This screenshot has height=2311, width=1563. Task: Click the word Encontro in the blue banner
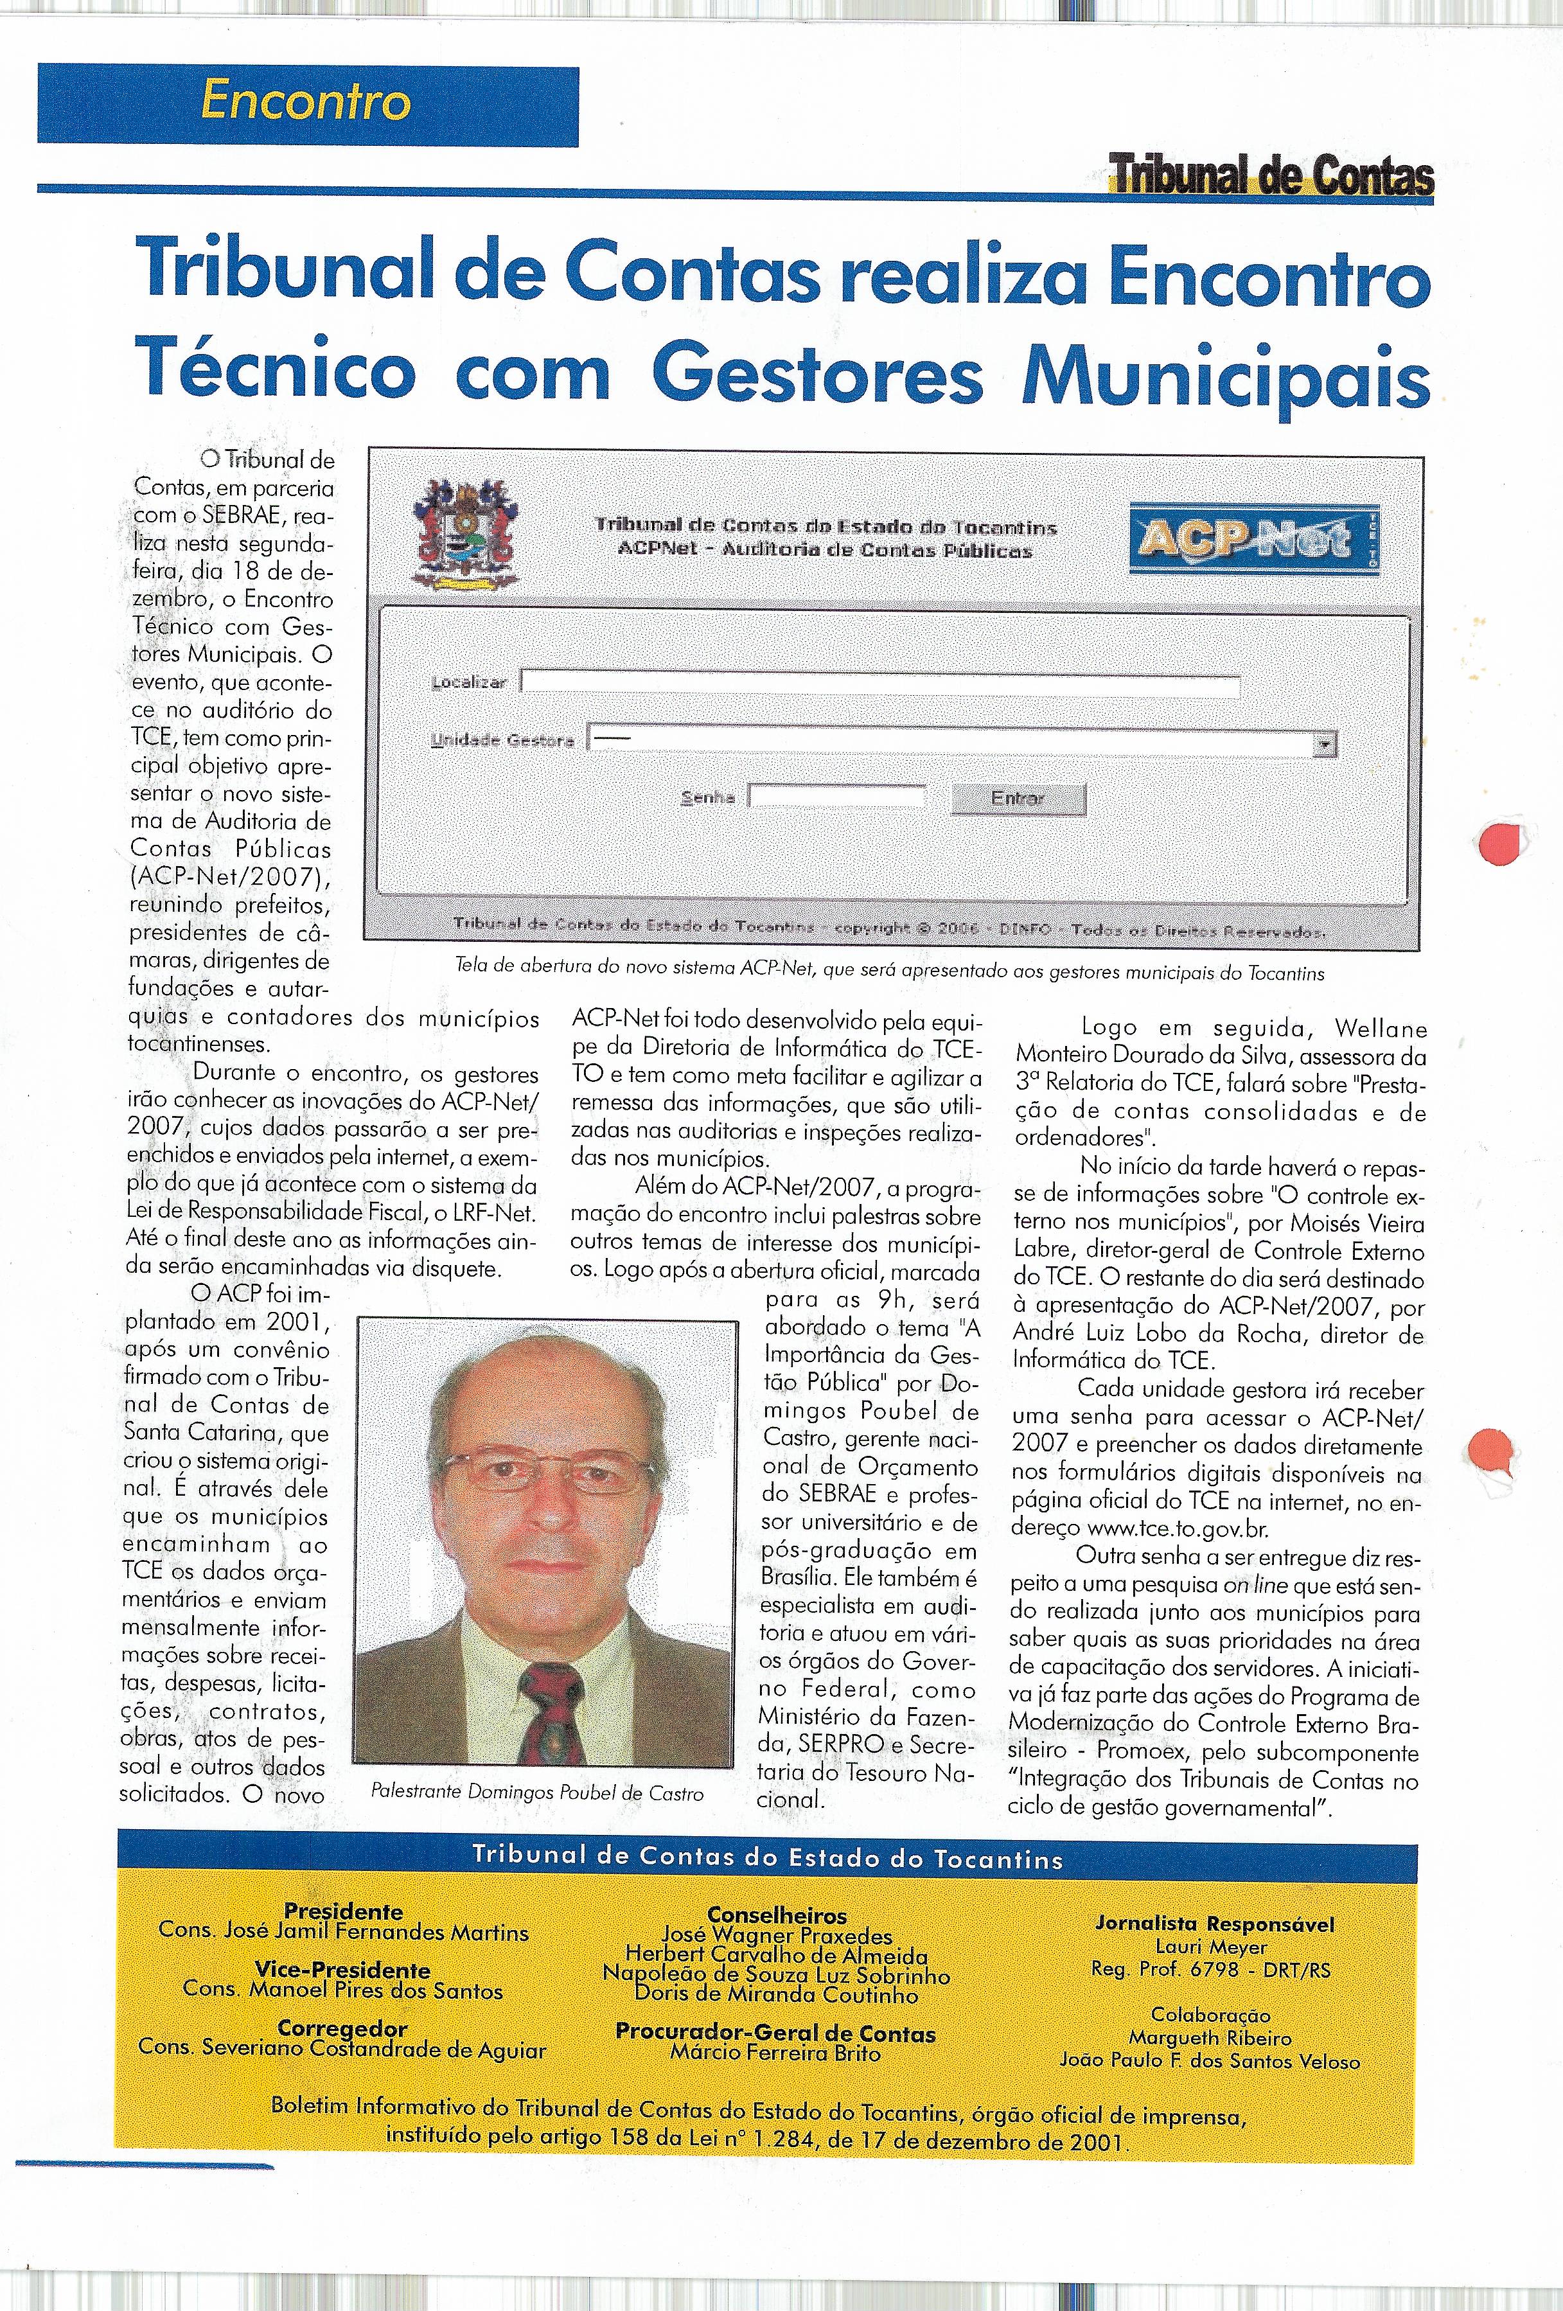(x=305, y=102)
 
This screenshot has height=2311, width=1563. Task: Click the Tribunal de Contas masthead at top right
(x=1271, y=177)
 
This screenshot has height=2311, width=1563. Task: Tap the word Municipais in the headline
(x=1225, y=375)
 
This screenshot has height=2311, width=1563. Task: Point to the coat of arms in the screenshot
(x=464, y=533)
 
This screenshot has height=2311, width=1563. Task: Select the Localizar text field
(x=880, y=684)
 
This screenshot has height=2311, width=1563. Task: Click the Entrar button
(x=1017, y=799)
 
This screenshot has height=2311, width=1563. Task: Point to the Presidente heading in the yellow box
(x=343, y=1910)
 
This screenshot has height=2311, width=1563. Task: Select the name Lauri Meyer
(x=1211, y=1947)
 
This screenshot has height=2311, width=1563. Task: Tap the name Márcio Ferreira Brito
(x=775, y=2053)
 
